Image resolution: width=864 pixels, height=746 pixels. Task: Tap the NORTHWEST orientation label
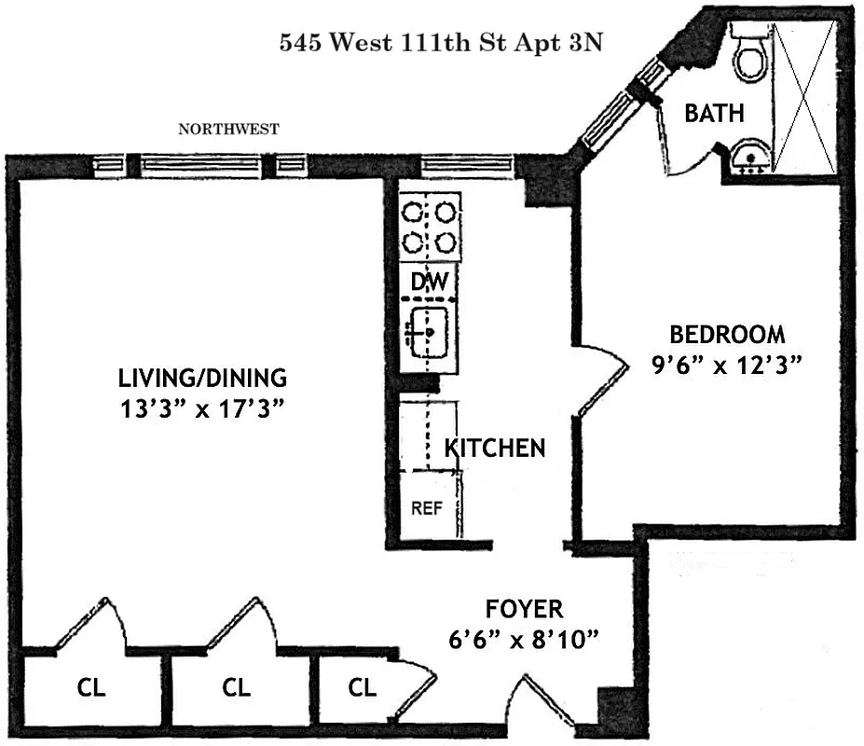pos(228,131)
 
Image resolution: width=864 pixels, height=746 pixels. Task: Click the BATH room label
pos(714,114)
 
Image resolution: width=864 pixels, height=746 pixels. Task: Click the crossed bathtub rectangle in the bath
pos(804,97)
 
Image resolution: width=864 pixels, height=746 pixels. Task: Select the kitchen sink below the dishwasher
pos(430,330)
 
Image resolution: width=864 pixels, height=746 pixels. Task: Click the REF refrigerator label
pos(427,509)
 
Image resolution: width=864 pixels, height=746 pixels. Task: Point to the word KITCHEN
pos(494,448)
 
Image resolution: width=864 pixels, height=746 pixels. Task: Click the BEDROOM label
pos(728,334)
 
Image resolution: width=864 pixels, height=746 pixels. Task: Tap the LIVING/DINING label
pos(202,379)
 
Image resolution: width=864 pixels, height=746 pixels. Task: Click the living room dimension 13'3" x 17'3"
pos(202,408)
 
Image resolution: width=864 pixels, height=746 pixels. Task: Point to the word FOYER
pos(524,610)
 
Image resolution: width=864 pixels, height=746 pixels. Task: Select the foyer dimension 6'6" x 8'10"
pos(524,641)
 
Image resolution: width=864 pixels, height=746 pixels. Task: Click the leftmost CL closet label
pos(91,689)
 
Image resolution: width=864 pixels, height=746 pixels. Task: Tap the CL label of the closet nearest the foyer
pos(363,689)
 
